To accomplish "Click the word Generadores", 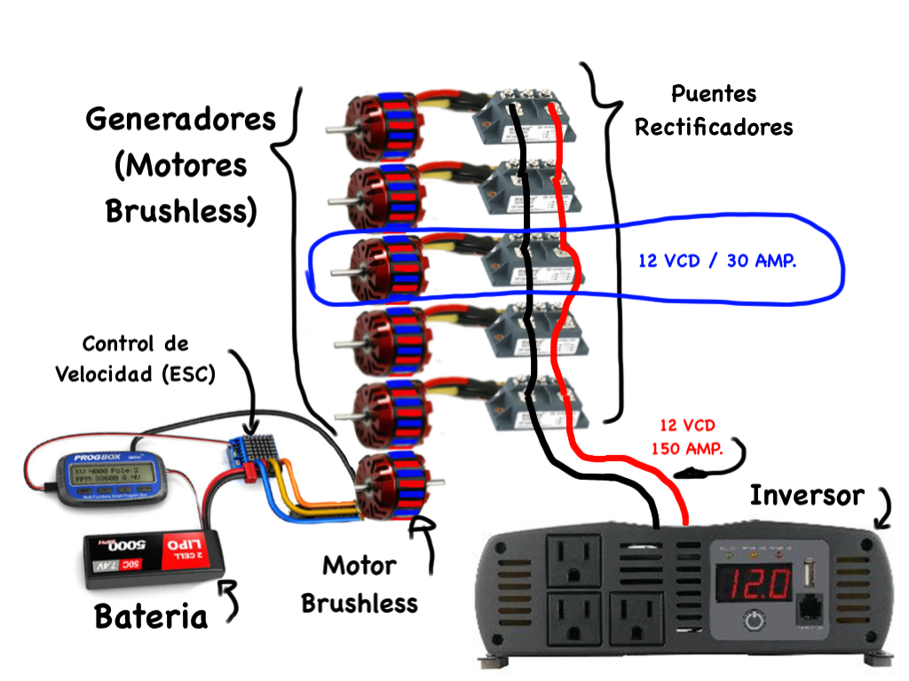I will point(180,120).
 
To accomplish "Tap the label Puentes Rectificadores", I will point(713,110).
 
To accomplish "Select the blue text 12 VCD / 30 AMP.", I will point(716,262).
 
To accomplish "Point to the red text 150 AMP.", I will point(687,449).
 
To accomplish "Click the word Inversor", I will point(806,495).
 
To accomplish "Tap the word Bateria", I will point(151,616).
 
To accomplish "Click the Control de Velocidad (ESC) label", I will point(135,358).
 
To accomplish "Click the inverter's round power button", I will point(754,620).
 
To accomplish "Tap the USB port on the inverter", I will point(810,575).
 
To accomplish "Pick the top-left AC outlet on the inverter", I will point(573,560).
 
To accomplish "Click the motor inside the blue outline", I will point(383,264).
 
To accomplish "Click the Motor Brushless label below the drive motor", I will point(359,583).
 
